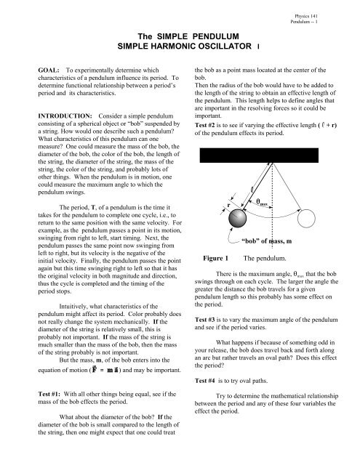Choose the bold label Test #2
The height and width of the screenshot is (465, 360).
tap(207, 124)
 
